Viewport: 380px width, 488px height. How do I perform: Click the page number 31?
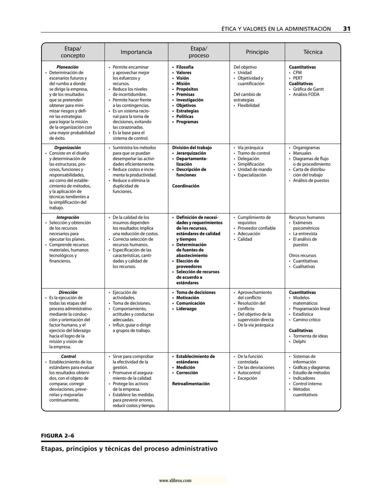coord(347,29)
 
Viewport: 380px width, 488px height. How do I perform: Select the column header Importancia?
coord(136,52)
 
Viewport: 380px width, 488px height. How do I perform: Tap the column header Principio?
coord(257,52)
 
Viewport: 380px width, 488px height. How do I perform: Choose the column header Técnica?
coord(313,52)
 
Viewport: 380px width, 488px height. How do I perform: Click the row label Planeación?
coord(67,67)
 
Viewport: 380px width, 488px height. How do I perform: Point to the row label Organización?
coord(67,148)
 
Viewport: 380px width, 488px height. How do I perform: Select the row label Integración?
coord(68,217)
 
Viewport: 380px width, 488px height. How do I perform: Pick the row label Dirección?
coord(68,292)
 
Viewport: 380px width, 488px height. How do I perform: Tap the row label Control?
coord(68,356)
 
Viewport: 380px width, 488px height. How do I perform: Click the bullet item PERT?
coord(298,78)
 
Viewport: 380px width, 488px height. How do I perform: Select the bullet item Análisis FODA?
coord(306,94)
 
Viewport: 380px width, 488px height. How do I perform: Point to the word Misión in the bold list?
coord(183,84)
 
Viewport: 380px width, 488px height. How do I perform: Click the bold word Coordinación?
coord(186,186)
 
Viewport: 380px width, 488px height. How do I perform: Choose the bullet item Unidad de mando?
coord(255,169)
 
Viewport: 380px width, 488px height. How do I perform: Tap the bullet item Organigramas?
coord(306,148)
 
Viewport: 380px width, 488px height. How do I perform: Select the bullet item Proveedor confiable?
coord(256,228)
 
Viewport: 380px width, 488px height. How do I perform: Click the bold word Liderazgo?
coord(186,309)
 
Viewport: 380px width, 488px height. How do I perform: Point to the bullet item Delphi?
coord(299,341)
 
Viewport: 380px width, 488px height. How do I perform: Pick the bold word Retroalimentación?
coord(191,384)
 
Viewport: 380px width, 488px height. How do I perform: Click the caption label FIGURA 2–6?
coord(58,436)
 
